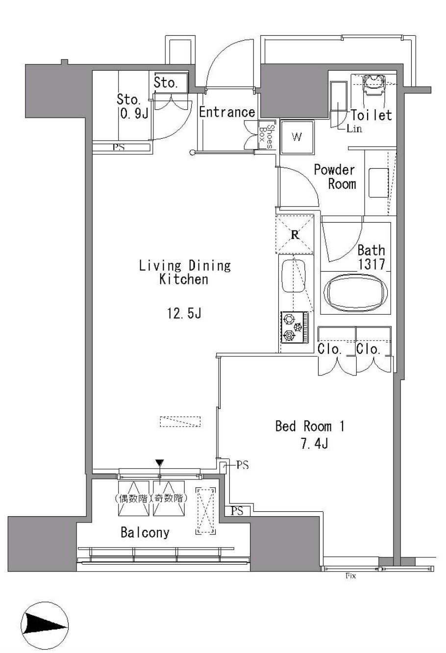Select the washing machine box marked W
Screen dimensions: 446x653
tap(297, 137)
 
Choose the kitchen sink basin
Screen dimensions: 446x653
tap(294, 276)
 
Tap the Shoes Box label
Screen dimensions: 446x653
tap(266, 137)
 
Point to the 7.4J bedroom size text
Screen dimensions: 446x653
tap(315, 444)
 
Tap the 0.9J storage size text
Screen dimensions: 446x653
tap(134, 114)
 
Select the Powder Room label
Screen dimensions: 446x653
tap(335, 177)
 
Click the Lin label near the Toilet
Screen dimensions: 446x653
tap(354, 128)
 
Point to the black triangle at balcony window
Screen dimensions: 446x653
tap(160, 463)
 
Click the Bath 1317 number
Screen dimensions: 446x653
tap(372, 264)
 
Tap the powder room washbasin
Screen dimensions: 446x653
tap(378, 183)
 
